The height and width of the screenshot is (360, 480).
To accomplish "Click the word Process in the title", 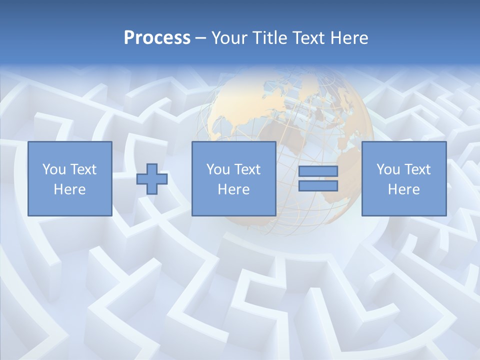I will tap(157, 38).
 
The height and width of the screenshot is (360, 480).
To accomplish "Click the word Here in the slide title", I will tap(349, 38).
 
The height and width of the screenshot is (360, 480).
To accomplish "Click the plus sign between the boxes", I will tap(152, 179).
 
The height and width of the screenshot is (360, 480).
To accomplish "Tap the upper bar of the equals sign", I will tap(318, 171).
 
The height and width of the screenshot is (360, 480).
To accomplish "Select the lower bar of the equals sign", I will tap(318, 185).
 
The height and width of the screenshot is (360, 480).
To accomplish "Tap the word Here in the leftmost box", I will tap(70, 189).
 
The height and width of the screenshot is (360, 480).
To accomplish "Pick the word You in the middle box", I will tap(217, 169).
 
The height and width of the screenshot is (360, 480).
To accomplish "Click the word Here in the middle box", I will tap(234, 189).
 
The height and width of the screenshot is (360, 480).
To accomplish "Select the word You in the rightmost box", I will tap(387, 169).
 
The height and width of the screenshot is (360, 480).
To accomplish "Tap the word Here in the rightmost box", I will tap(404, 189).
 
